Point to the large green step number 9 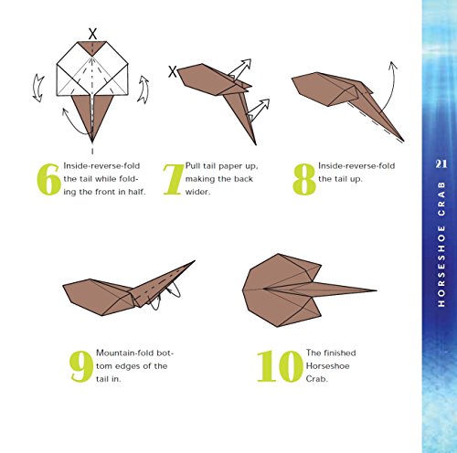(81, 366)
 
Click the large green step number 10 (278, 366)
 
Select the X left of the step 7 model (172, 72)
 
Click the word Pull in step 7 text (193, 166)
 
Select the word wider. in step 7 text (197, 192)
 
